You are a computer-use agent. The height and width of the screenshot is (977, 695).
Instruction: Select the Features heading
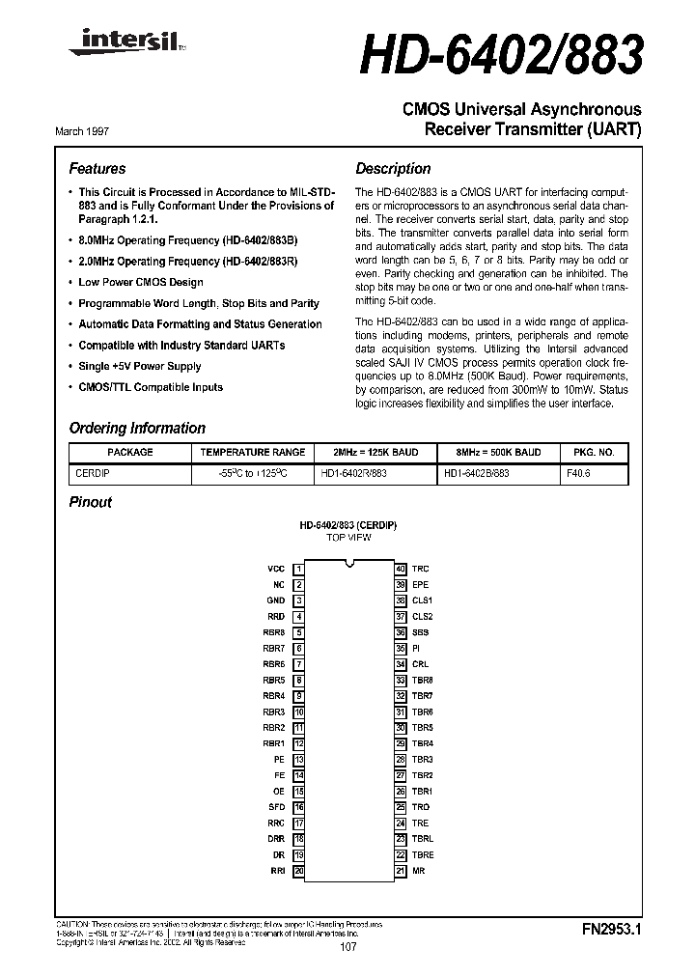(x=97, y=168)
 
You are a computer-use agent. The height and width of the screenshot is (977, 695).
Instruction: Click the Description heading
(x=393, y=168)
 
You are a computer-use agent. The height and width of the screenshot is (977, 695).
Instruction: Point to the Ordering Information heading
(x=137, y=428)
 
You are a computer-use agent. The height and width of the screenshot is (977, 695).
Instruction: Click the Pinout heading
(x=91, y=502)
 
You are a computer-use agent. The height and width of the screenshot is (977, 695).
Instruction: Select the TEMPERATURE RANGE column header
(x=253, y=452)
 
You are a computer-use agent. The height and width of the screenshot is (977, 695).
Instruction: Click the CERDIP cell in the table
(x=93, y=473)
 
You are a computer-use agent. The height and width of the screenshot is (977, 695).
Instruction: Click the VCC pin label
(x=276, y=570)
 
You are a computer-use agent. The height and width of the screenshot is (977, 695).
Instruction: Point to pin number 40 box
(x=400, y=570)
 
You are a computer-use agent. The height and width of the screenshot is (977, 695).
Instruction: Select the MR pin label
(x=418, y=871)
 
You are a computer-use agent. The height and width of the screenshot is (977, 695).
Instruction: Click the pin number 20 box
(x=299, y=871)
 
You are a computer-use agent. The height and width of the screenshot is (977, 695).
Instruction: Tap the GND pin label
(x=276, y=600)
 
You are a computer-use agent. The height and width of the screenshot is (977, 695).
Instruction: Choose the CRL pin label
(x=420, y=664)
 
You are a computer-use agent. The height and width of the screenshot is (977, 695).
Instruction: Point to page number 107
(x=348, y=948)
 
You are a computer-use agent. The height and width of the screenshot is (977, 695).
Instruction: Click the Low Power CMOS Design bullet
(x=141, y=282)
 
